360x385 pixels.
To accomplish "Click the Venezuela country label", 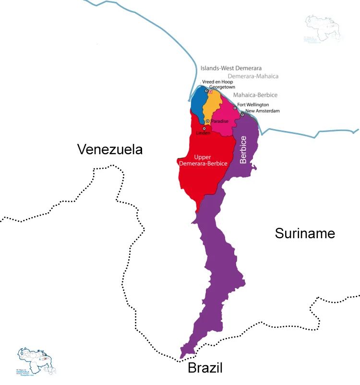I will click(x=110, y=149).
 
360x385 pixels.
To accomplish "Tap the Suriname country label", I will click(x=305, y=233).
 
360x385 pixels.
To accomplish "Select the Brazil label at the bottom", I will click(x=205, y=368).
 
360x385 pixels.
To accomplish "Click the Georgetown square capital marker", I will click(x=210, y=92).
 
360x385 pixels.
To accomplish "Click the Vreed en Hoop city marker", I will click(x=206, y=90).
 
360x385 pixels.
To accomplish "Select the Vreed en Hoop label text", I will click(x=217, y=82).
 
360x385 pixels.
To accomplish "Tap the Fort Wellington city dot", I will click(x=235, y=108).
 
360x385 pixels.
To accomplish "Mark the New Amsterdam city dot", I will click(x=242, y=115).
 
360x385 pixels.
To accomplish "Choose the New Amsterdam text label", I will click(x=262, y=111).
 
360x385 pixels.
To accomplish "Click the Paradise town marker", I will click(x=207, y=121).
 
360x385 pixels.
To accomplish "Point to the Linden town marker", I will click(x=204, y=128).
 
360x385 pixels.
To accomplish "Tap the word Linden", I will click(x=203, y=133).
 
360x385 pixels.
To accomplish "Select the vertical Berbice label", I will click(x=243, y=150).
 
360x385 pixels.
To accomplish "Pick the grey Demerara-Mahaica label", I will click(x=253, y=76).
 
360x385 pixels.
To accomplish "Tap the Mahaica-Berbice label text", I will click(x=255, y=95).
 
